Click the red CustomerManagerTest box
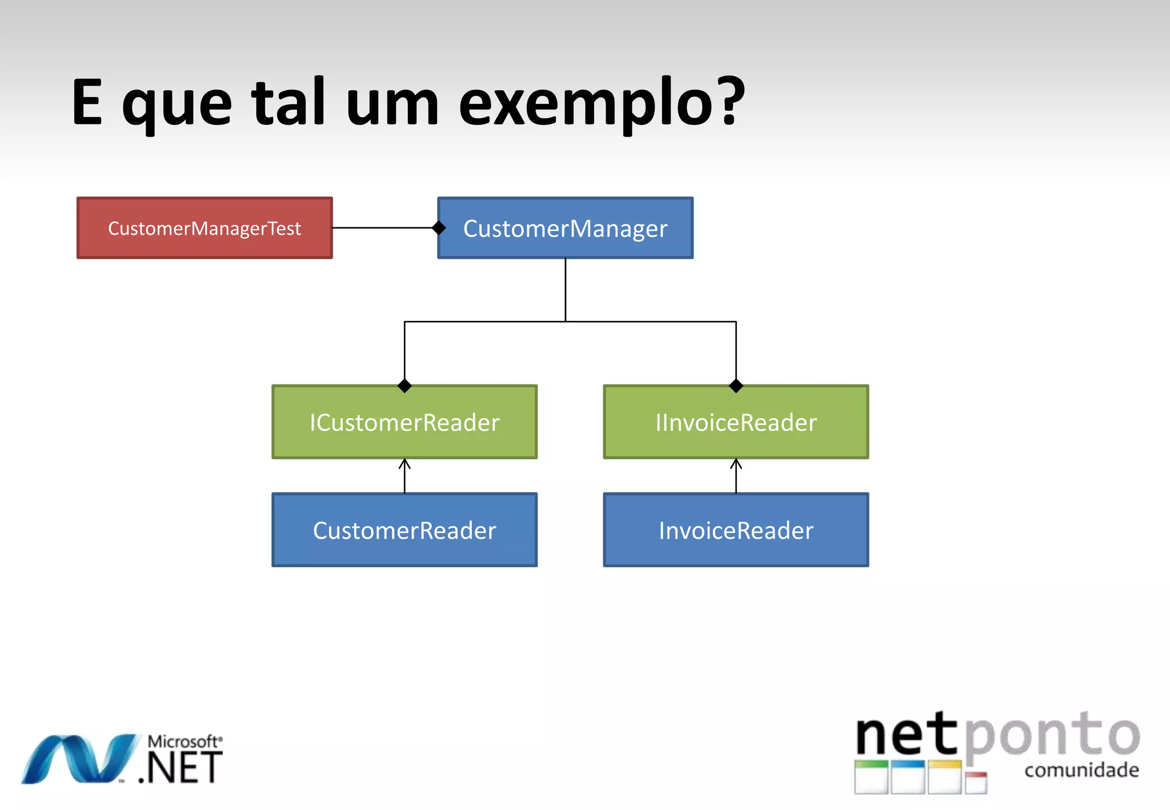pyautogui.click(x=205, y=228)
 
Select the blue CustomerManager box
pyautogui.click(x=565, y=228)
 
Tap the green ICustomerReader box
pyautogui.click(x=404, y=422)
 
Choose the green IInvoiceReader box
pyautogui.click(x=736, y=422)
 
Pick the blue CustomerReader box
pyautogui.click(x=404, y=530)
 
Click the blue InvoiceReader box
pyautogui.click(x=736, y=530)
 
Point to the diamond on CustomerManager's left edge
pyautogui.click(x=439, y=228)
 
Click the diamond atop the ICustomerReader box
pyautogui.click(x=404, y=386)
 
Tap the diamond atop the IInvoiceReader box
pyautogui.click(x=736, y=386)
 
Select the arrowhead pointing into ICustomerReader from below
pyautogui.click(x=404, y=463)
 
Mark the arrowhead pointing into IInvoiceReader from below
pyautogui.click(x=736, y=463)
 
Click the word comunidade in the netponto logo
pyautogui.click(x=1081, y=770)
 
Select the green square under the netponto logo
pyautogui.click(x=871, y=777)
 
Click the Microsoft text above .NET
pyautogui.click(x=184, y=741)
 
